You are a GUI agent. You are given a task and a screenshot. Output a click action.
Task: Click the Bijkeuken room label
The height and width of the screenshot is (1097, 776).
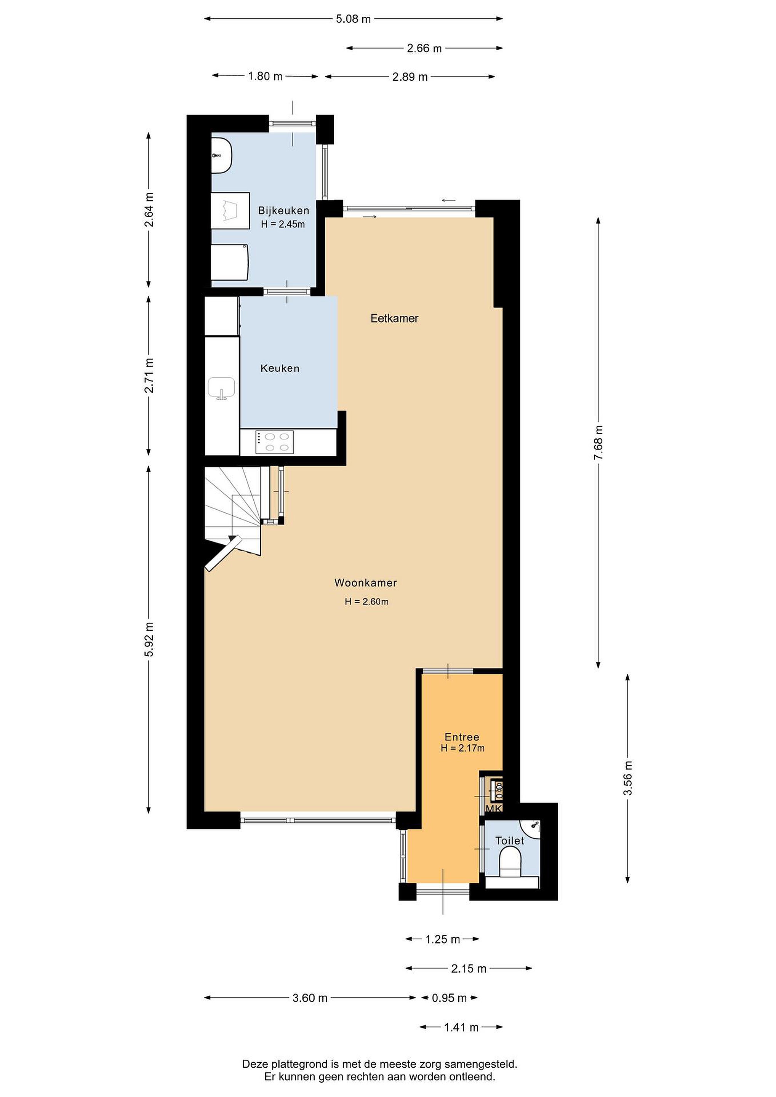pos(283,210)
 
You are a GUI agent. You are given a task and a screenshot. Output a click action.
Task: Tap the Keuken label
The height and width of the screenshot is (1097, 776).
pos(280,368)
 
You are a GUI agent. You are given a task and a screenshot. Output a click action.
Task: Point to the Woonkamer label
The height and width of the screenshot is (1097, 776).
pos(366,582)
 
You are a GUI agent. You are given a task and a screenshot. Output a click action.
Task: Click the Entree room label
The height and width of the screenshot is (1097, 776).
pos(462,737)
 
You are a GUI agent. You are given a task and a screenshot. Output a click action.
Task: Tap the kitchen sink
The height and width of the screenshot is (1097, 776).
pos(221,387)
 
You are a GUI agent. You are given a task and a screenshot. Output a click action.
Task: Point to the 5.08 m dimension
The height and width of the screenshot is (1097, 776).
pos(353,19)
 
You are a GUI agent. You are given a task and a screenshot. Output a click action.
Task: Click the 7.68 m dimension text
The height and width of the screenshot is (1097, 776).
pos(598,443)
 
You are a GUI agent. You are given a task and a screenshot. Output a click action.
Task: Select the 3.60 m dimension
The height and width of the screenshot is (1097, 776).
pos(310,998)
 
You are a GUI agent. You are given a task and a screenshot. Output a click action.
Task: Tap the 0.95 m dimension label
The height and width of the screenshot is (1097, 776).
pos(449,998)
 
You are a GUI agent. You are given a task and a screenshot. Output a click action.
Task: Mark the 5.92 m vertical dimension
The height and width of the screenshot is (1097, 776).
pos(149,639)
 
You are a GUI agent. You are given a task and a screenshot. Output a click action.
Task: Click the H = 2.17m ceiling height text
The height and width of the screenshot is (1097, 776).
pos(462,748)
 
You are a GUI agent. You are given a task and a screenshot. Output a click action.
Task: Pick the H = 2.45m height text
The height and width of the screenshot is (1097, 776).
pos(283,224)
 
